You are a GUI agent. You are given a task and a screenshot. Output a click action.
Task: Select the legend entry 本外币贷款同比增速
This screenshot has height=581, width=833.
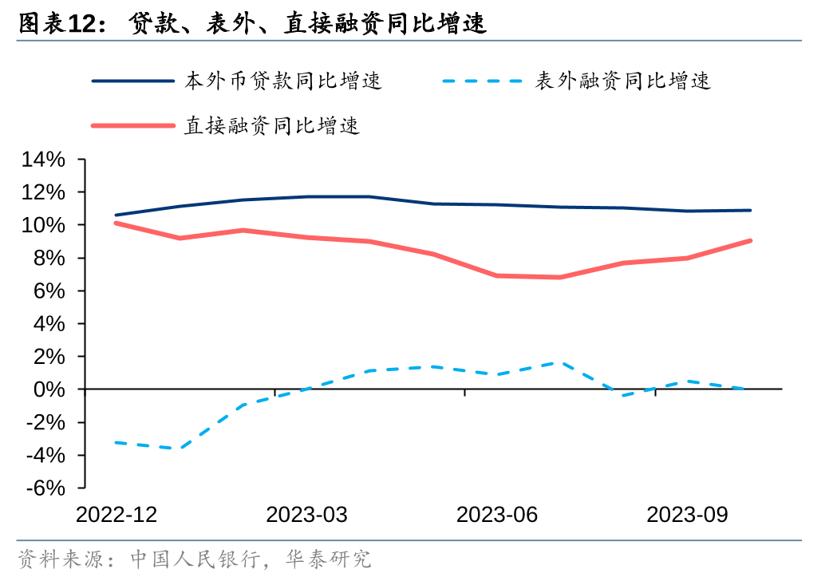tap(283, 81)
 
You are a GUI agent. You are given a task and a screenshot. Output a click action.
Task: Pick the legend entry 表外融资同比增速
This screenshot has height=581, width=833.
tap(622, 81)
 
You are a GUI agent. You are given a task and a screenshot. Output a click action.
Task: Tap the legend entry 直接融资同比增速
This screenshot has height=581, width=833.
tap(272, 125)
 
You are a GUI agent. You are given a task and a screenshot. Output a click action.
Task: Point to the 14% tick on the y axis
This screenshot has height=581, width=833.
tap(43, 160)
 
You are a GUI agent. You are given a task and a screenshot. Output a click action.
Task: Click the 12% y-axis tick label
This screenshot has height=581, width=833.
tap(43, 192)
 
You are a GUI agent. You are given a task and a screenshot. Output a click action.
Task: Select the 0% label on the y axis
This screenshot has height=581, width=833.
tap(50, 389)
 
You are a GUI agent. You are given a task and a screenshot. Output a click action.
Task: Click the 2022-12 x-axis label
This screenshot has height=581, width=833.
tap(116, 515)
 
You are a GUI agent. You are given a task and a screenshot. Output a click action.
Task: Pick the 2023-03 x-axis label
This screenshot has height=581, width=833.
tap(306, 515)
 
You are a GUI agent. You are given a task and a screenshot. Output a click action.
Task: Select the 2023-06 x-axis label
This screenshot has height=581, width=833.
tap(497, 515)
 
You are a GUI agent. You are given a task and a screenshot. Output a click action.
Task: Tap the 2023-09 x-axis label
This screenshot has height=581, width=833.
tap(687, 515)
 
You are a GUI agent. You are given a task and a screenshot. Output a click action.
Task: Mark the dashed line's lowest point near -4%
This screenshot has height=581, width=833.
tap(179, 449)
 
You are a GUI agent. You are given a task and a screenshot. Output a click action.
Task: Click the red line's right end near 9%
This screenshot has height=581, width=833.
tap(750, 240)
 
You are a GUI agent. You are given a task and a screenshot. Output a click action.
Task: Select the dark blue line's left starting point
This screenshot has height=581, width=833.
tap(116, 215)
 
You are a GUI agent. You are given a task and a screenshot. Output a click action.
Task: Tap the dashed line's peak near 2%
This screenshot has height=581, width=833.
tap(559, 362)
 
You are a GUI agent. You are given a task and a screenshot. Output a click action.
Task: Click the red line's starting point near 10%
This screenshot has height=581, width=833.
tap(116, 223)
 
